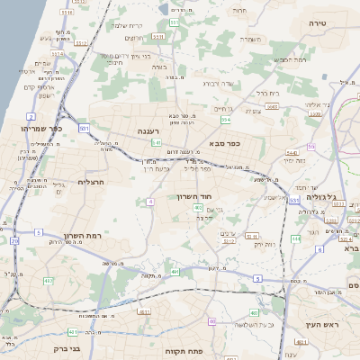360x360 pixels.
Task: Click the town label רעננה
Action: tap(148, 130)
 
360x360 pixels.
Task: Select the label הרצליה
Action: tap(93, 182)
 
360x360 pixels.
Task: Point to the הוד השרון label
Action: tap(217, 195)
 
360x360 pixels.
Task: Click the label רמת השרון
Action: tap(82, 235)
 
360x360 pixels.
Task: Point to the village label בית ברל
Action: tap(268, 93)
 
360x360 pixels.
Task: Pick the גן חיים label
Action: tap(224, 108)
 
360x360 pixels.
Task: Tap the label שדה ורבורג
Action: tap(219, 84)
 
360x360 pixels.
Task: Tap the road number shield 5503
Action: tap(271, 106)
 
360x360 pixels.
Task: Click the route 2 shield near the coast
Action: tap(31, 117)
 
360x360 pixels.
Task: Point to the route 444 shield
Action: tap(295, 238)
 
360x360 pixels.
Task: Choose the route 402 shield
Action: tap(198, 208)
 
